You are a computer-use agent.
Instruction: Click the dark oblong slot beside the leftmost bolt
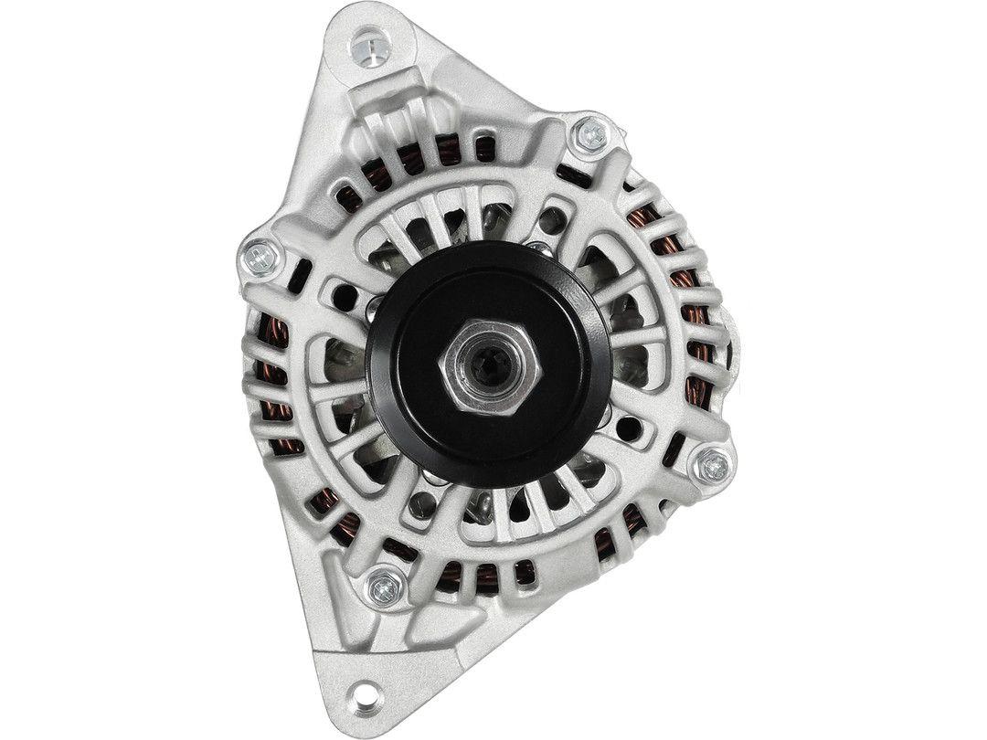click(x=296, y=270)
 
